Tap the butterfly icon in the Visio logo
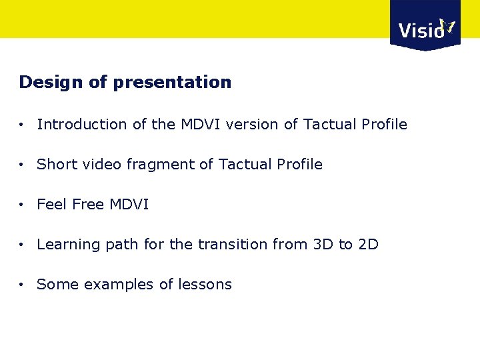(447, 27)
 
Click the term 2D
(368, 245)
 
